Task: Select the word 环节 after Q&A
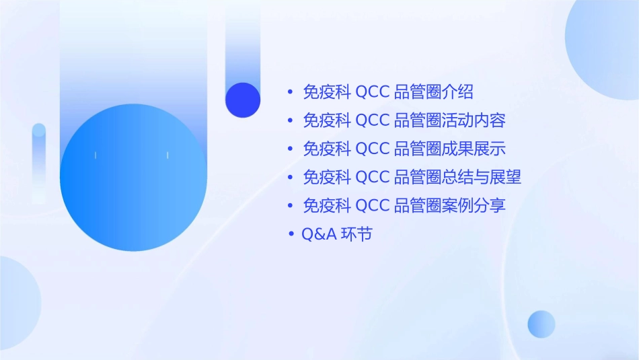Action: pyautogui.click(x=356, y=234)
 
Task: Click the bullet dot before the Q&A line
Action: pyautogui.click(x=291, y=234)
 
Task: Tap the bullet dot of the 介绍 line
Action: pyautogui.click(x=291, y=92)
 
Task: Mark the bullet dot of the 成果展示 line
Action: pyautogui.click(x=291, y=149)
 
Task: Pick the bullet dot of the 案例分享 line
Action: pyautogui.click(x=291, y=206)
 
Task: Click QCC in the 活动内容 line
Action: pyautogui.click(x=372, y=120)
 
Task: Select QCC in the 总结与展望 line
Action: pyautogui.click(x=372, y=177)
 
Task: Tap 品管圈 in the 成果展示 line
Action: pyautogui.click(x=418, y=149)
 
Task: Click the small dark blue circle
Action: pyautogui.click(x=243, y=100)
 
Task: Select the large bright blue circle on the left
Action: pyautogui.click(x=133, y=178)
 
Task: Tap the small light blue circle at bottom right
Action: pyautogui.click(x=541, y=324)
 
